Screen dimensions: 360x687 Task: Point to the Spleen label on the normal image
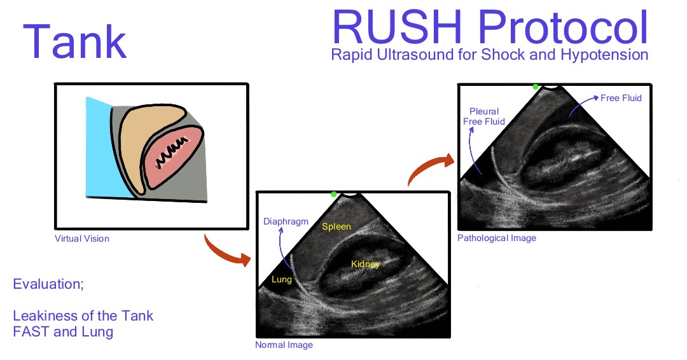coord(336,226)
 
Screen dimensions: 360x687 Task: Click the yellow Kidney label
coord(366,263)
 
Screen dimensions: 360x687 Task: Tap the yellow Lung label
coord(282,279)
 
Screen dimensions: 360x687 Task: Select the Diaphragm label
coord(286,222)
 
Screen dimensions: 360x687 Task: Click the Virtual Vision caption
coord(82,239)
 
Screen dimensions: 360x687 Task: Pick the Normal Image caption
coord(284,345)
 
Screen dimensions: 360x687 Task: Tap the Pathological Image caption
coord(496,238)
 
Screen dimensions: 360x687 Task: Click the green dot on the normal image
coord(333,193)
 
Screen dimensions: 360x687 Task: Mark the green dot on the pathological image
coord(536,87)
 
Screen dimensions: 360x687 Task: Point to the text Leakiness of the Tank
coord(83,316)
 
